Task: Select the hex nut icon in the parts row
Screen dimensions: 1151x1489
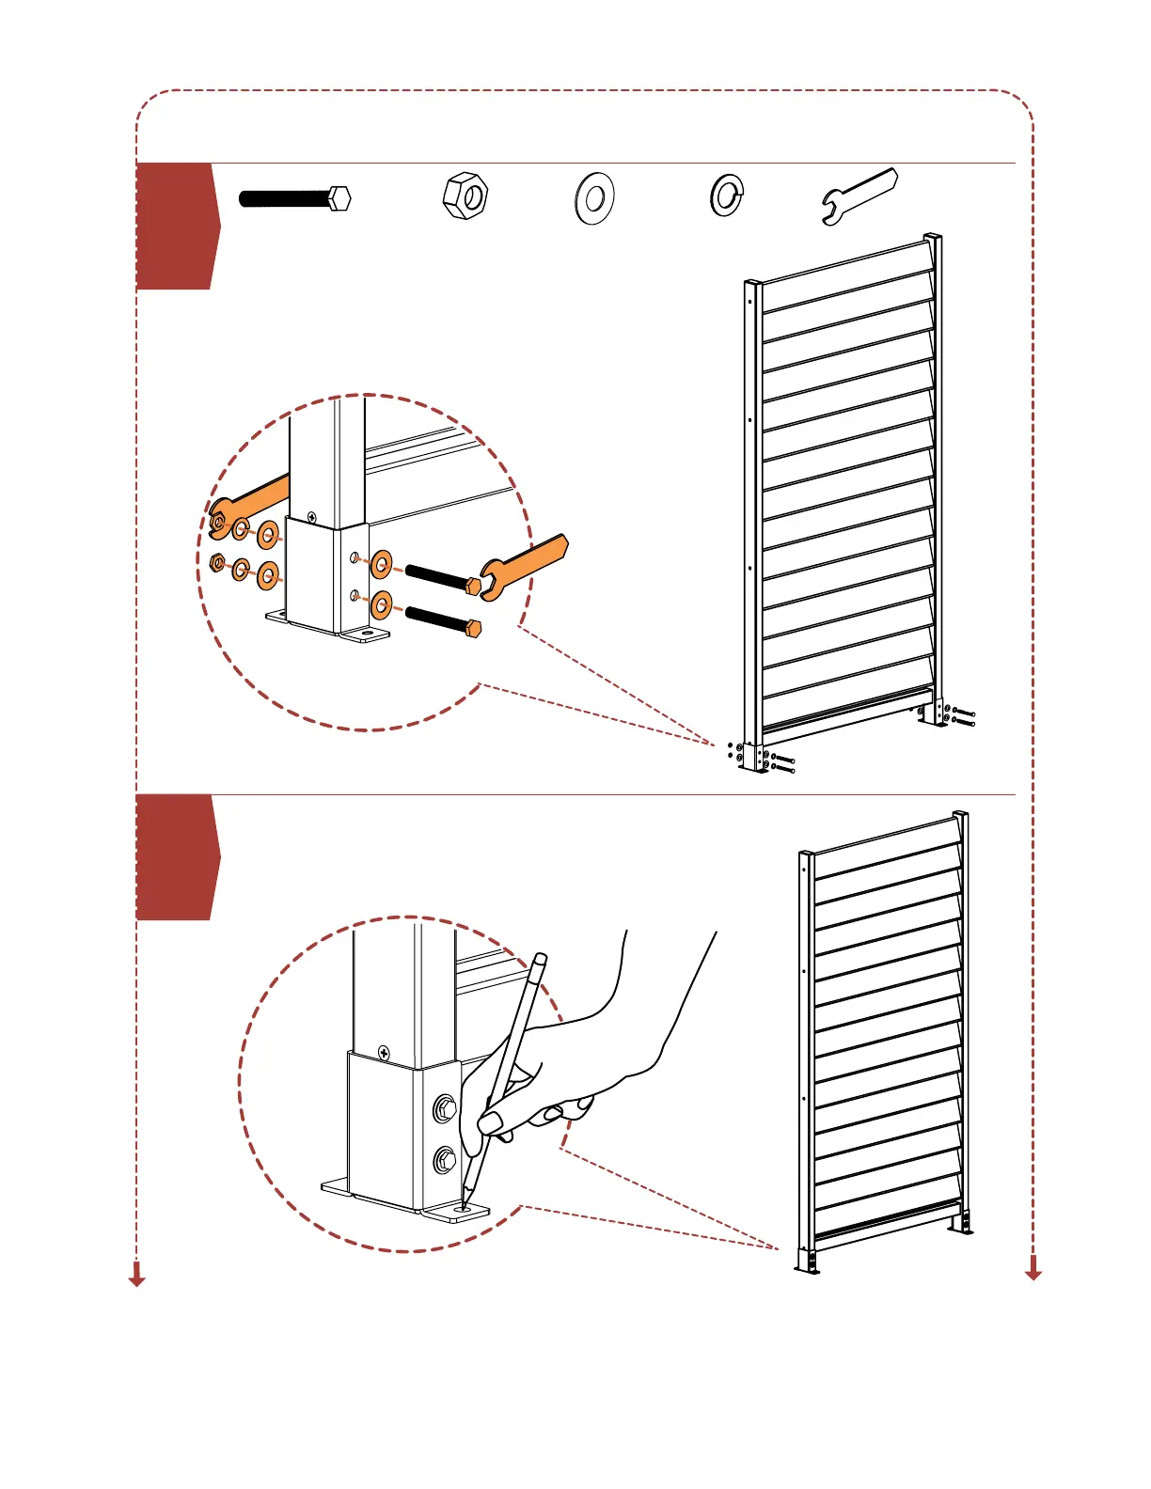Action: pyautogui.click(x=465, y=196)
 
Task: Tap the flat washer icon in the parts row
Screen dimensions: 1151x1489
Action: pyautogui.click(x=594, y=198)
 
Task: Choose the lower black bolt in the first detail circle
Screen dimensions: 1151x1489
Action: pyautogui.click(x=442, y=619)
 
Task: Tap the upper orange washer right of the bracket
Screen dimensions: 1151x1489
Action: pyautogui.click(x=382, y=564)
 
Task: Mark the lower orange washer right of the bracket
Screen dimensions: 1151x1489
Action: pyautogui.click(x=382, y=605)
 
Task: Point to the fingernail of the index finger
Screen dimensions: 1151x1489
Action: pyautogui.click(x=490, y=1121)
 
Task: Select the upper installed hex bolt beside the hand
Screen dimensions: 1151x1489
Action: pyautogui.click(x=445, y=1110)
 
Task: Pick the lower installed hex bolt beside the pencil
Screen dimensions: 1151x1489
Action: pyautogui.click(x=444, y=1162)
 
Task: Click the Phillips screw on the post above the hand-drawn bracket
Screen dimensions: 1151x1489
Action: pyautogui.click(x=384, y=1052)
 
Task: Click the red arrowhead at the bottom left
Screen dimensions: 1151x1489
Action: pyautogui.click(x=137, y=1277)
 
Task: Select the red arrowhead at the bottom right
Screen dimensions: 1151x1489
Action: pyautogui.click(x=1033, y=1271)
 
